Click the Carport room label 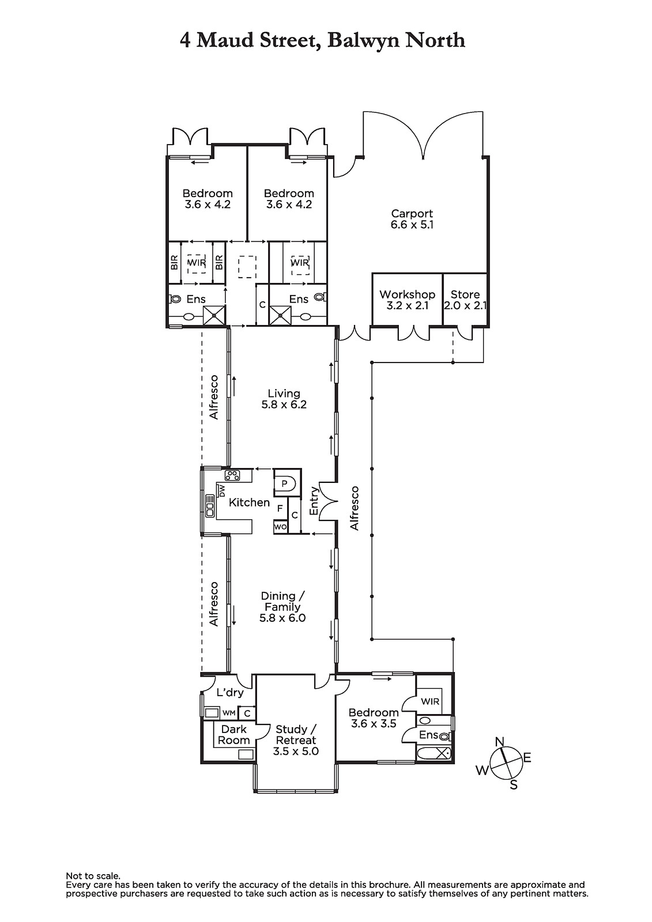click(412, 219)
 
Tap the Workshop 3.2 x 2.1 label click(407, 300)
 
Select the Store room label click(465, 300)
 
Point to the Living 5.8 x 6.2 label click(284, 399)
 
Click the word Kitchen click(249, 502)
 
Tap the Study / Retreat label click(296, 740)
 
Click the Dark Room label click(233, 735)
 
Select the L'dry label click(230, 693)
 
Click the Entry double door click(329, 501)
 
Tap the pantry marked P click(284, 484)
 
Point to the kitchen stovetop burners click(232, 475)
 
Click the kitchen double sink click(210, 505)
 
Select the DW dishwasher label click(221, 490)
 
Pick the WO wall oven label click(281, 527)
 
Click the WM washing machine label click(229, 712)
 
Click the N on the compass click(499, 742)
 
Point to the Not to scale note click(93, 876)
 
